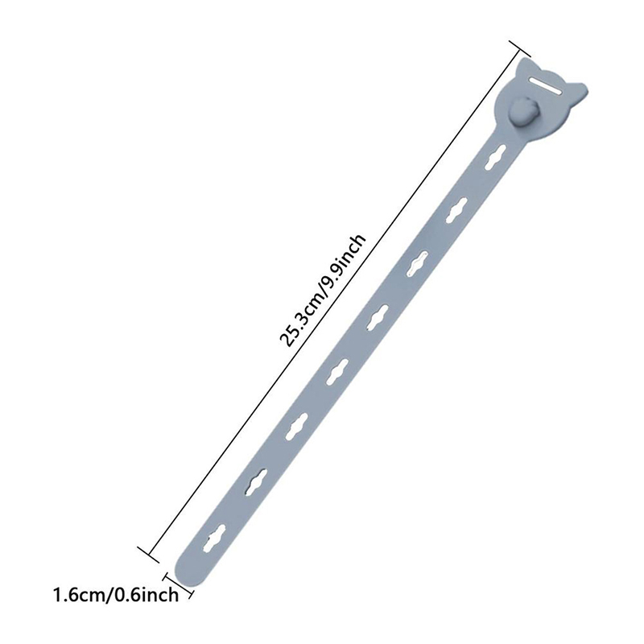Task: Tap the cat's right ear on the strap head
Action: (x=578, y=90)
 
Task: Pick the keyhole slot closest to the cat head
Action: (x=494, y=156)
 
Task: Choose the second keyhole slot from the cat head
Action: (x=456, y=210)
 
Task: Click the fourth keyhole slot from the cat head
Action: (x=378, y=318)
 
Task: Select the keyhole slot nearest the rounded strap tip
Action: (x=216, y=537)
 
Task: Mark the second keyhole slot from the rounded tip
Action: (x=257, y=481)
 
